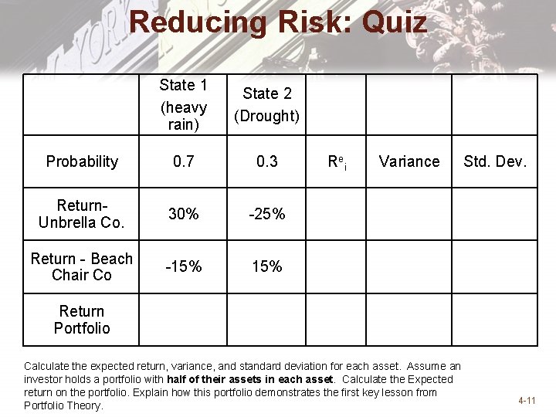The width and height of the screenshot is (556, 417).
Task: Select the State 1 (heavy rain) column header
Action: pos(183,104)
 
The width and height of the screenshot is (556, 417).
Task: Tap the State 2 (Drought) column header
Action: pos(266,104)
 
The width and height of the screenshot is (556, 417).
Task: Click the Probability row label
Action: pos(82,161)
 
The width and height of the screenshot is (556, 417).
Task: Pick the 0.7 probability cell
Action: pos(183,161)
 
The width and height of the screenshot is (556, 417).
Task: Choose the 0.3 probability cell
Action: pos(266,161)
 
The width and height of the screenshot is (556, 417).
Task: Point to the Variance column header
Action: pos(409,161)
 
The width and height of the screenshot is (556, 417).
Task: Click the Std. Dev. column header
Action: pos(495,161)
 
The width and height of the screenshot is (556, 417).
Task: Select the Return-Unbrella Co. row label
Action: pos(82,214)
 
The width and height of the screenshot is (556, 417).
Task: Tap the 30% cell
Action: pos(183,214)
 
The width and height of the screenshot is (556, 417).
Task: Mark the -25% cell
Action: pos(266,214)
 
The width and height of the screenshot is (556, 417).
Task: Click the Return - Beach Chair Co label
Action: pos(82,266)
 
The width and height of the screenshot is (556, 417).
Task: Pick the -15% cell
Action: pos(183,266)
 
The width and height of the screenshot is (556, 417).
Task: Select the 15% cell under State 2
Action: pos(266,266)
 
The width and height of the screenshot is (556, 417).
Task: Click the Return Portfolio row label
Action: pos(82,320)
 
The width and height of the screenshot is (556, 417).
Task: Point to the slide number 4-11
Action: pos(527,401)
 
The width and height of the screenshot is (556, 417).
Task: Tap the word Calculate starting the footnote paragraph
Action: pos(45,366)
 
